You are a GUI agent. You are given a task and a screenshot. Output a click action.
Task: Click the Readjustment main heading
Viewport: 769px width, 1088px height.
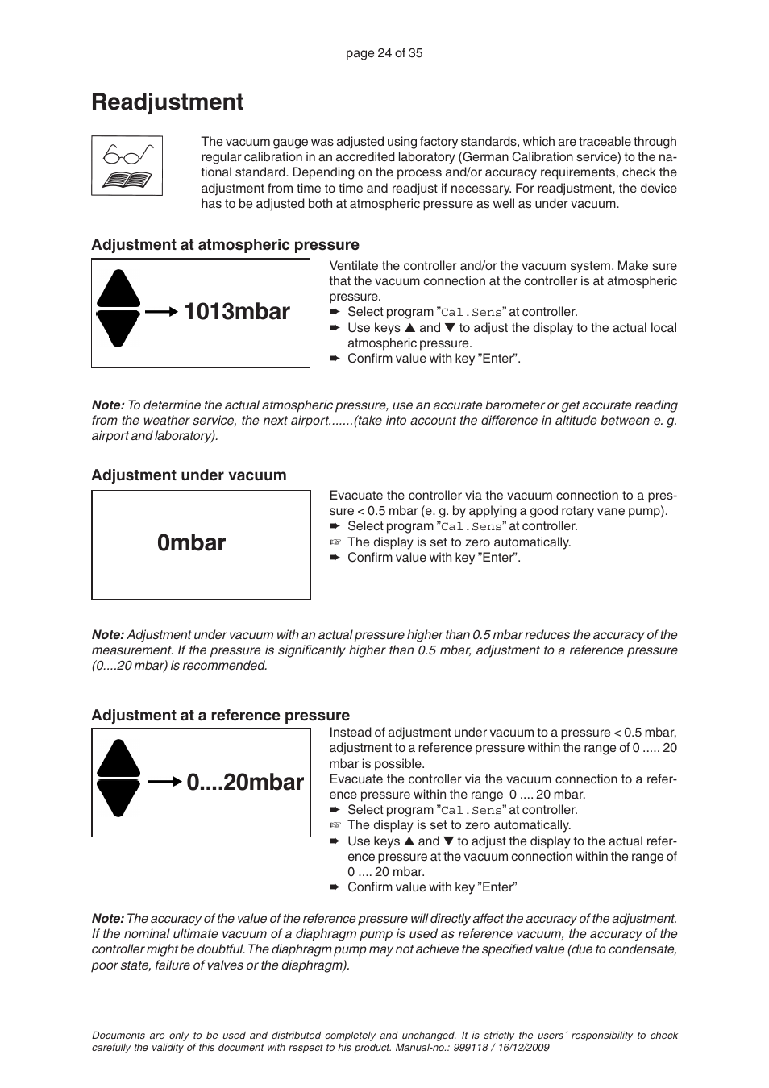coord(167,102)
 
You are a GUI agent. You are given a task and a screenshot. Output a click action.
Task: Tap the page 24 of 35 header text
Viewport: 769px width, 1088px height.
coord(384,53)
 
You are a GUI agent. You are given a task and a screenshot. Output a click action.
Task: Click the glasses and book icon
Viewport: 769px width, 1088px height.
coord(127,166)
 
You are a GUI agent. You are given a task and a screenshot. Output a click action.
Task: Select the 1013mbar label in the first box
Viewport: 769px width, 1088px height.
coord(237,312)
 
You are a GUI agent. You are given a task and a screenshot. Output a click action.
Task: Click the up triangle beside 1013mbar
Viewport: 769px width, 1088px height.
coord(118,290)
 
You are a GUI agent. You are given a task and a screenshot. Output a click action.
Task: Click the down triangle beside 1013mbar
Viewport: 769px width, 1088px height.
coord(118,328)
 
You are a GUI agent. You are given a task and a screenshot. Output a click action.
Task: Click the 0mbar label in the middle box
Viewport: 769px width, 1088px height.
coord(192,543)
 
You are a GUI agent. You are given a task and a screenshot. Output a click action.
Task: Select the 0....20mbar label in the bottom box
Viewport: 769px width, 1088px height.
coord(245,783)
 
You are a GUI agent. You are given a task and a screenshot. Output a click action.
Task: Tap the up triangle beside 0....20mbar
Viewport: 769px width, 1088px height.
coord(118,760)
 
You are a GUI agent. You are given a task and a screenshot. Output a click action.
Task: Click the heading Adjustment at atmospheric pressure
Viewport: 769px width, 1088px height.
coord(225,245)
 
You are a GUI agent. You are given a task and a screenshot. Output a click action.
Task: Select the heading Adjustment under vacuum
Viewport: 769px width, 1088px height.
coord(189,475)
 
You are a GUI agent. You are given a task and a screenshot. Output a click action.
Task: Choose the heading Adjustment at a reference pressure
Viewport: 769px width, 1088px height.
coord(220,716)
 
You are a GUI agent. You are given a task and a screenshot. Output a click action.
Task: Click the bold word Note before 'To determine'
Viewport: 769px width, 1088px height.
coord(107,405)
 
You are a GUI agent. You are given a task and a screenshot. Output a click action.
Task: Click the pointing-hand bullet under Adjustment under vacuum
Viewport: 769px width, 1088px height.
coord(335,542)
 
